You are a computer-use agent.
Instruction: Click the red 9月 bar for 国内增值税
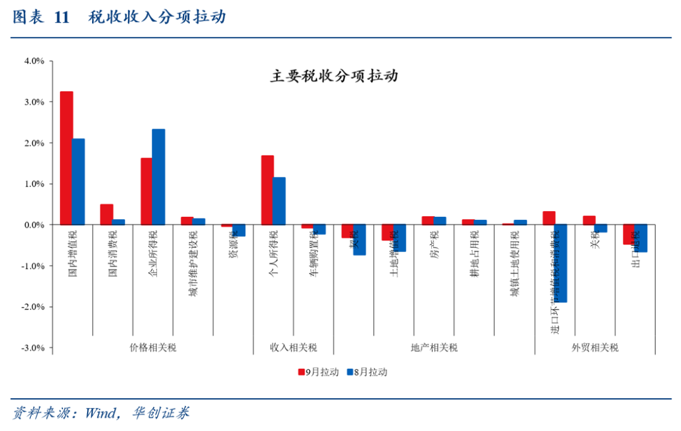[x=66, y=158]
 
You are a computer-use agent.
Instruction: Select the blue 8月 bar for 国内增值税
[x=78, y=181]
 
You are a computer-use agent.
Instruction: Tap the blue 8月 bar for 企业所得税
[x=158, y=177]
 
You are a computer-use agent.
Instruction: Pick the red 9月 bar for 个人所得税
[x=267, y=190]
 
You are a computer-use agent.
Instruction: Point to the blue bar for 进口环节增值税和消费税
[x=561, y=263]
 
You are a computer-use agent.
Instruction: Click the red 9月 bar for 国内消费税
[x=107, y=214]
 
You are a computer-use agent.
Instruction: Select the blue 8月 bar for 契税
[x=359, y=239]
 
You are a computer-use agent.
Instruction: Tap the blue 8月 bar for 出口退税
[x=641, y=238]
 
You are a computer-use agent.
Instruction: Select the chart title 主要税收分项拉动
[x=334, y=76]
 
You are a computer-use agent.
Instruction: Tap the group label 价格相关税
[x=153, y=347]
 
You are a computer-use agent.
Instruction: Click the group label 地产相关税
[x=434, y=347]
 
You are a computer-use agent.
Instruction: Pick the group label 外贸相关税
[x=595, y=347]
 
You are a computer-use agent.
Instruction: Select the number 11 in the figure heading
[x=61, y=18]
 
